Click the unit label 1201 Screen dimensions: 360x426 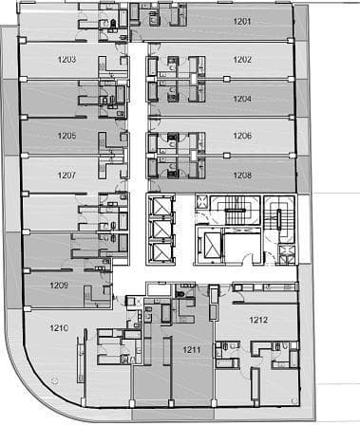point(242,22)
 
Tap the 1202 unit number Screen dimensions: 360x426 point(242,60)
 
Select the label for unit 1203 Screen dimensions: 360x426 point(66,60)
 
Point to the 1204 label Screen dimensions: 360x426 point(242,99)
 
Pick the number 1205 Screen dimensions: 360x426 point(66,136)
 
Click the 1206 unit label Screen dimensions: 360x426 point(242,136)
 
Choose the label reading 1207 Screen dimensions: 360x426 point(66,175)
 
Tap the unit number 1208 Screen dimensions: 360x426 point(242,175)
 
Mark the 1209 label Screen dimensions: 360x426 point(59,286)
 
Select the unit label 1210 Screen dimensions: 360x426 point(59,328)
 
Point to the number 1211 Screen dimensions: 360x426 point(192,350)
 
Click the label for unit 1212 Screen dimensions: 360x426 point(258,320)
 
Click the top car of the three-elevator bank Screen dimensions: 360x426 point(161,206)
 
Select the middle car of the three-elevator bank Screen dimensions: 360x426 point(161,229)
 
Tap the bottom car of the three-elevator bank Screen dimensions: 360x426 point(161,251)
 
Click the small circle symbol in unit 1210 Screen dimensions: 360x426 point(54,380)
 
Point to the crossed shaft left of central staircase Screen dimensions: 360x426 point(201,201)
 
